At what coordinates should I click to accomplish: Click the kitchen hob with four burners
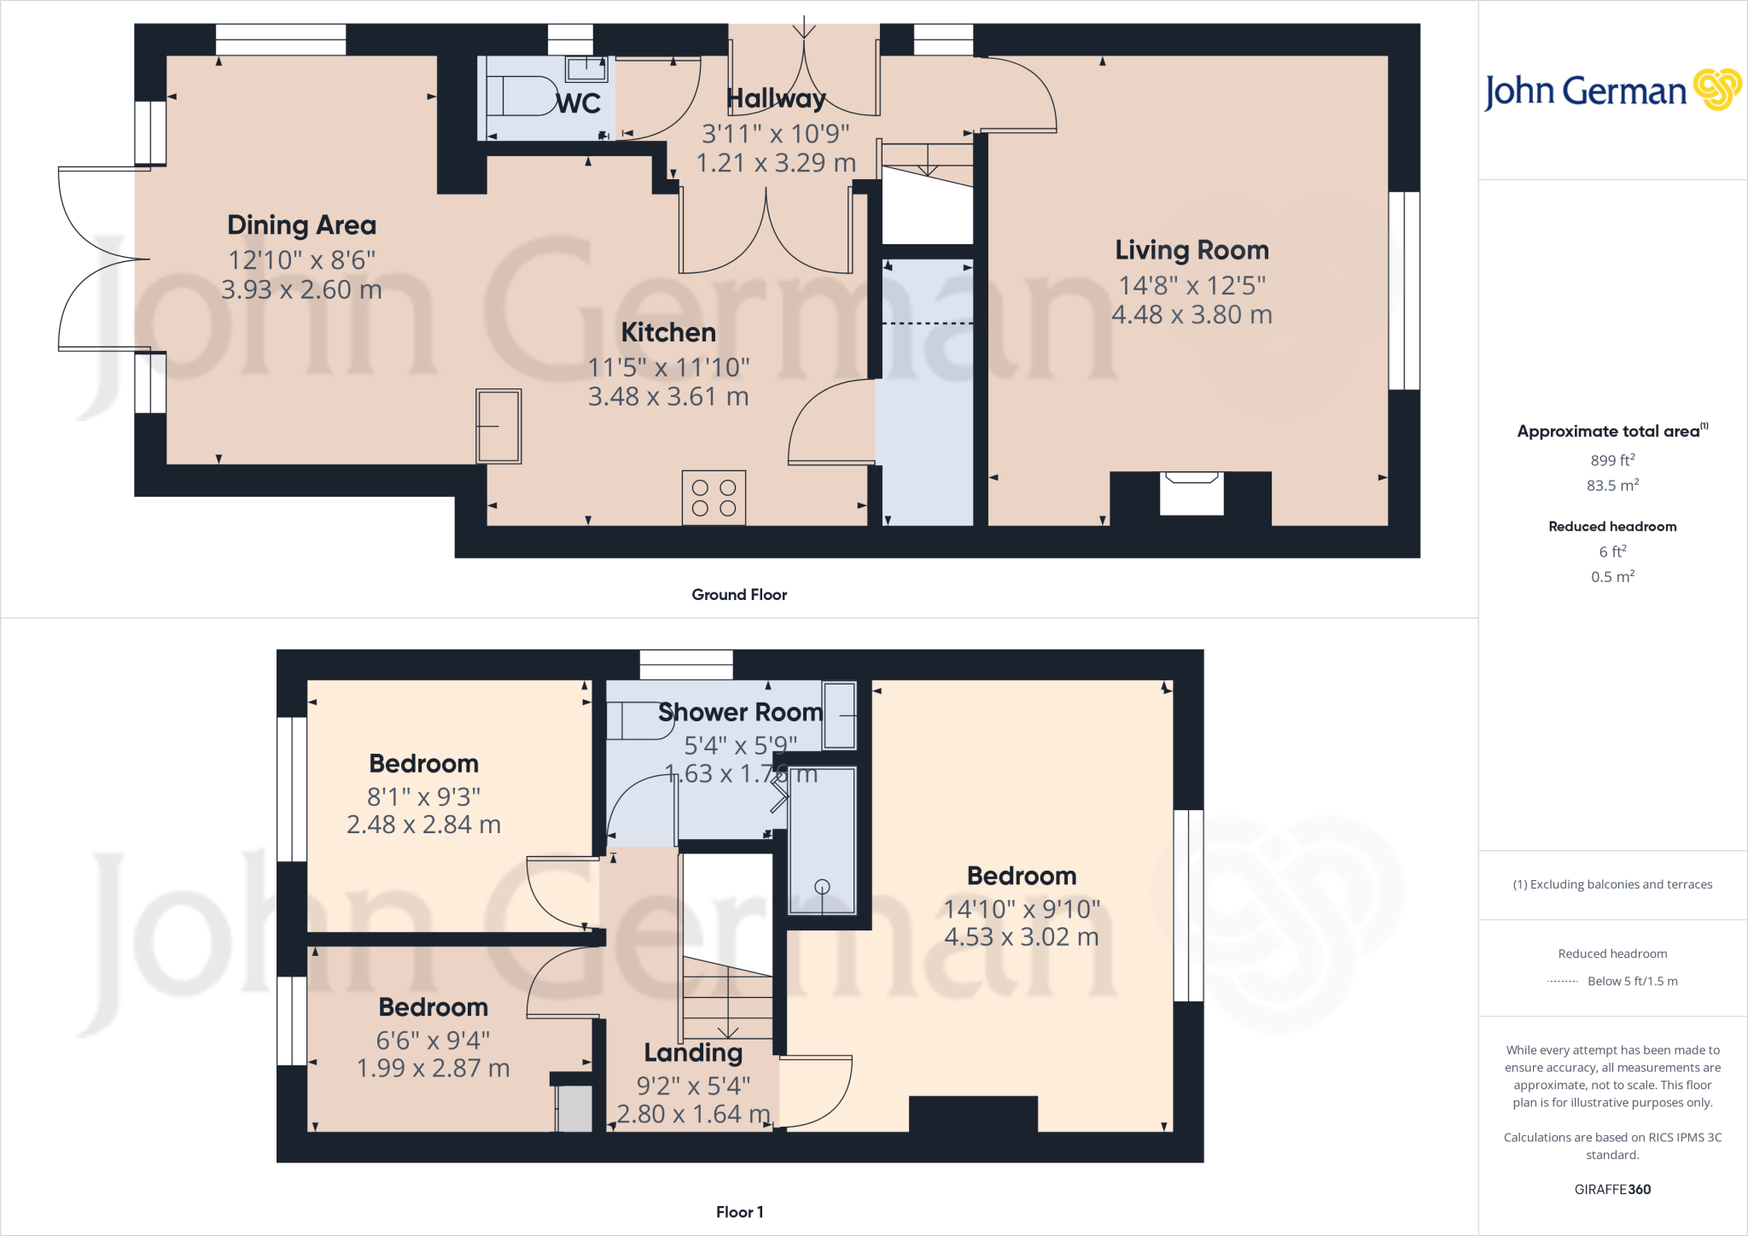(x=714, y=498)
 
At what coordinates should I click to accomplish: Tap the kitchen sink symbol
(x=498, y=426)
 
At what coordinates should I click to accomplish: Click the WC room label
(x=579, y=103)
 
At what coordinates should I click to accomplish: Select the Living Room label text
(x=1192, y=250)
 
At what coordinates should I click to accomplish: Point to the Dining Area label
(x=301, y=225)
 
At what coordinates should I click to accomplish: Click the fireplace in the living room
(x=1192, y=493)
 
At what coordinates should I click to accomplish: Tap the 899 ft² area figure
(x=1611, y=460)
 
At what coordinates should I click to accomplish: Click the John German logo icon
(x=1716, y=90)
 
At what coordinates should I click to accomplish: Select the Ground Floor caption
(x=739, y=595)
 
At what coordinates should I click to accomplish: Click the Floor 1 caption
(x=739, y=1212)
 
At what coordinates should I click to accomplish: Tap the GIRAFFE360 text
(x=1611, y=1189)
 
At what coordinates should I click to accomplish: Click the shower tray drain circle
(x=822, y=887)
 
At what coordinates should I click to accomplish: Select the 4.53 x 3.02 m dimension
(x=1021, y=937)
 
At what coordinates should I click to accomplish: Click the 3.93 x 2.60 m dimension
(x=301, y=290)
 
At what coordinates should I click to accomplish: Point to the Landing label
(x=693, y=1052)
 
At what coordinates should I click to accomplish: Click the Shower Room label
(x=740, y=712)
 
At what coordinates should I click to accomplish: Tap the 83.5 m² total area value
(x=1611, y=486)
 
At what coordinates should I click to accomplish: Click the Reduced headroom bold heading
(x=1611, y=527)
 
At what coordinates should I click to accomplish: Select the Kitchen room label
(x=668, y=332)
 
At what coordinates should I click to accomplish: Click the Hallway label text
(x=776, y=99)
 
